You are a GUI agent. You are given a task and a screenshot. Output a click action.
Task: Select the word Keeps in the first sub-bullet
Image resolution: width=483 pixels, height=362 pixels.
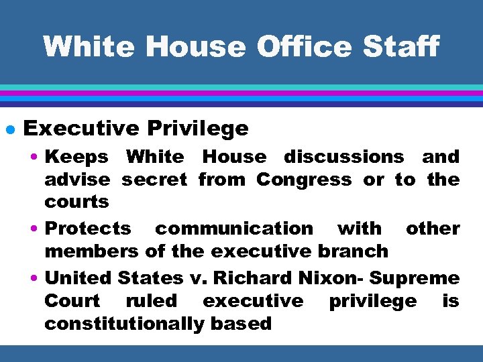[76, 157]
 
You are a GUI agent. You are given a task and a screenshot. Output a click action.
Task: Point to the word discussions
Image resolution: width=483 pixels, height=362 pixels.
[344, 157]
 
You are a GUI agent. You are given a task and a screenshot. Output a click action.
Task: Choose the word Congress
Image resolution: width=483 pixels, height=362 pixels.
[304, 180]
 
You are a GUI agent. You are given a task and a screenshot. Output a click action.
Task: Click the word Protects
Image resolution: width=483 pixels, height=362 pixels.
[88, 229]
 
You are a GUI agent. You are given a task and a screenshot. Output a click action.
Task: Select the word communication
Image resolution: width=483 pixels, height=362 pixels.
[233, 229]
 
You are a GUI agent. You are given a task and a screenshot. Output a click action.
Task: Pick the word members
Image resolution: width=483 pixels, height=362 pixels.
[91, 251]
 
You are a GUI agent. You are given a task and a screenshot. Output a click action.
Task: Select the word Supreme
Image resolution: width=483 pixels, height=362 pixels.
[415, 278]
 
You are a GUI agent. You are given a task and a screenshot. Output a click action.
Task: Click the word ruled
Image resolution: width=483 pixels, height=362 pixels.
[152, 301]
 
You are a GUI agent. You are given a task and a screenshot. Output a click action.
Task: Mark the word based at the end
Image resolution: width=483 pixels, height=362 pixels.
[246, 324]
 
